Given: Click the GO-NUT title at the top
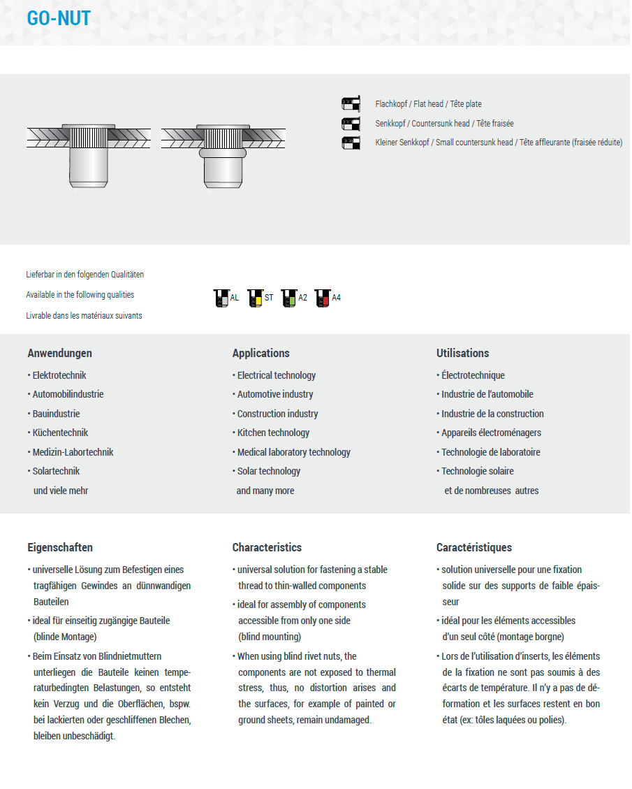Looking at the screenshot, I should pyautogui.click(x=59, y=18).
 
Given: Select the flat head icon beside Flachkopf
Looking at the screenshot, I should pyautogui.click(x=351, y=104).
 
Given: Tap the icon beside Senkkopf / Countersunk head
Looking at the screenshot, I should pyautogui.click(x=351, y=124).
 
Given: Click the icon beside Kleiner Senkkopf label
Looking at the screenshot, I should pyautogui.click(x=351, y=143).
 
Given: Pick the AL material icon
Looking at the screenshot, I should pyautogui.click(x=221, y=298).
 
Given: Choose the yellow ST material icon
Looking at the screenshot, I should pyautogui.click(x=255, y=298).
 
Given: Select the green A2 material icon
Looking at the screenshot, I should pyautogui.click(x=288, y=298).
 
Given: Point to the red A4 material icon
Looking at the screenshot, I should pyautogui.click(x=322, y=298).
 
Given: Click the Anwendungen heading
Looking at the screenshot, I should pyautogui.click(x=59, y=353).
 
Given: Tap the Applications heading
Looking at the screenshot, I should pyautogui.click(x=260, y=353).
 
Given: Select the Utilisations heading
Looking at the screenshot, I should pyautogui.click(x=462, y=353).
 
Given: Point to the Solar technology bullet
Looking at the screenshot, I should pyautogui.click(x=269, y=471).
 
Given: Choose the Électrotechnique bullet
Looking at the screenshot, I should pyautogui.click(x=473, y=375).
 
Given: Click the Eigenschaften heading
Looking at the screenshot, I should pyautogui.click(x=60, y=547).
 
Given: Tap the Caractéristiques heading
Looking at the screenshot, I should pyautogui.click(x=473, y=547).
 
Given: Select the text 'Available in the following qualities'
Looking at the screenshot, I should pyautogui.click(x=80, y=295).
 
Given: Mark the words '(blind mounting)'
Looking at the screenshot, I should pyautogui.click(x=270, y=637).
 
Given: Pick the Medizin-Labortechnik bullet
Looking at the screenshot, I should pyautogui.click(x=73, y=452).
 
